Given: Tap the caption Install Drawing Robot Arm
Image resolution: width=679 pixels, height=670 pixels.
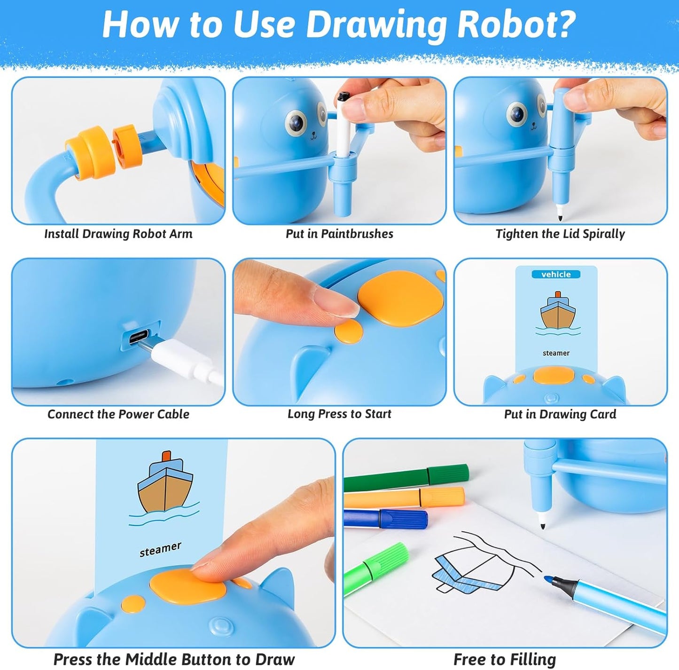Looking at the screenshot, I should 118,234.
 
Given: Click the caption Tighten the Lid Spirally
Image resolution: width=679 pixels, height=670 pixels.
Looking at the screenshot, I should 560,234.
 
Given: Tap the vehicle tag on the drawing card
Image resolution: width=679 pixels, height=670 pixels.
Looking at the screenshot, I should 556,274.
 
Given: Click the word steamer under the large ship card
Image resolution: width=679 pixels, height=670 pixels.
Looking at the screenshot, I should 160,549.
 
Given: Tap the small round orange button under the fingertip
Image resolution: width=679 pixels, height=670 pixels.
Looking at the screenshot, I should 349,331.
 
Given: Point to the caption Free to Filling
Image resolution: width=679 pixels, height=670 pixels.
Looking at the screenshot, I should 504,659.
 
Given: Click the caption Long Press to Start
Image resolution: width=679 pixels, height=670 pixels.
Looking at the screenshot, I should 339,414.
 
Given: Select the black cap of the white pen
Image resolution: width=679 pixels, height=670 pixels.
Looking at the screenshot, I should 343,96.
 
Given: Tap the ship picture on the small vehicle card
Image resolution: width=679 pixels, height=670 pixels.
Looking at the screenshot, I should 557,313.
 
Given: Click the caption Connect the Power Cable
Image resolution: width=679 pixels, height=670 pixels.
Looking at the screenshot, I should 118,414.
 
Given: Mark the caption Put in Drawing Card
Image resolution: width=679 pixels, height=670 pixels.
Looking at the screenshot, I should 560,414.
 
